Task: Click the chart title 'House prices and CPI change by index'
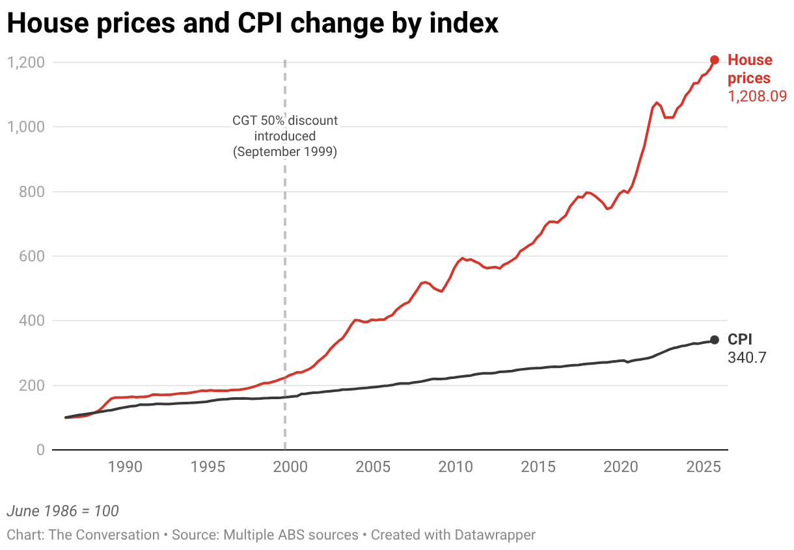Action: [x=253, y=24]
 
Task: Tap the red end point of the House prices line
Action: [x=715, y=60]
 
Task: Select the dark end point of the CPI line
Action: [x=715, y=339]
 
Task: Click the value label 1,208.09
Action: [x=757, y=96]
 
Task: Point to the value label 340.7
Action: [x=748, y=357]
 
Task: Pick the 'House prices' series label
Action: [x=750, y=69]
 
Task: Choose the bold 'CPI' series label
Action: [x=740, y=339]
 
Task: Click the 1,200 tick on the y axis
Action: [x=25, y=62]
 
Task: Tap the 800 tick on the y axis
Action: [x=31, y=192]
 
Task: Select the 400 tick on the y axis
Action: [x=31, y=321]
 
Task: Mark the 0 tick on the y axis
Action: [x=40, y=450]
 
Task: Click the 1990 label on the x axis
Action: [x=125, y=468]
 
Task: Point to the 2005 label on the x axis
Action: [x=374, y=468]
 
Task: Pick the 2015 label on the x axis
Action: [x=538, y=468]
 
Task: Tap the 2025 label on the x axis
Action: [x=703, y=468]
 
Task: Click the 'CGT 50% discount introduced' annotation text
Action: [x=285, y=128]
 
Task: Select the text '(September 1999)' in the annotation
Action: [x=285, y=152]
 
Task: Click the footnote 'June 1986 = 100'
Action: [x=62, y=511]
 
